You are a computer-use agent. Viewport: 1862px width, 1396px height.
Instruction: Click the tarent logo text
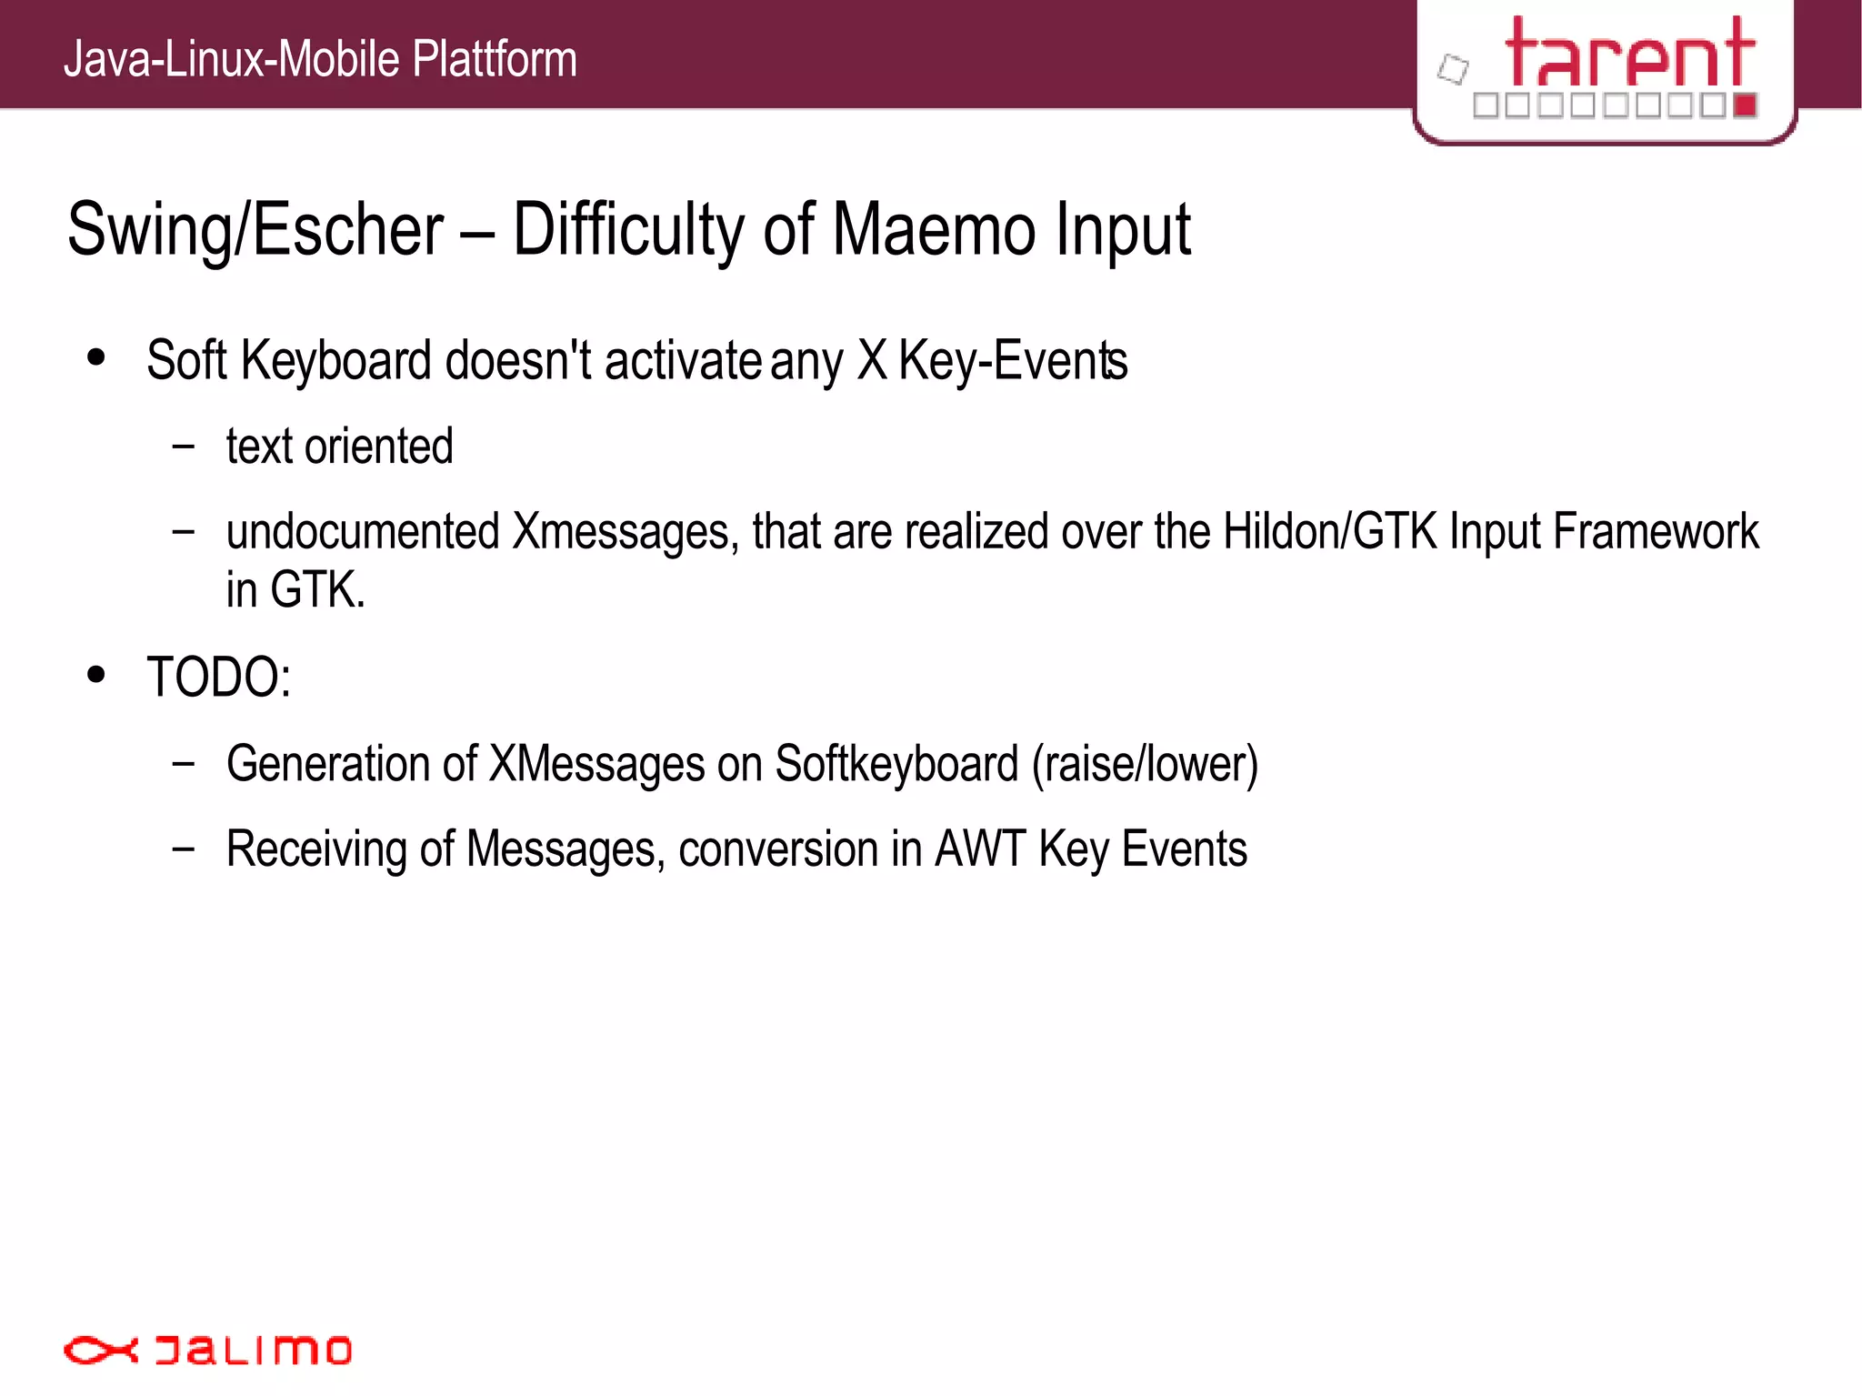click(1629, 55)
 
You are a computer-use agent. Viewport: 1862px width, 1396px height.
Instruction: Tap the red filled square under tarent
click(1745, 105)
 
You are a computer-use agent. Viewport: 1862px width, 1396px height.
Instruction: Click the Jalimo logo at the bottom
click(207, 1350)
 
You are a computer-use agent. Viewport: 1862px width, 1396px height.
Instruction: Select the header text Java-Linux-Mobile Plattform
click(320, 59)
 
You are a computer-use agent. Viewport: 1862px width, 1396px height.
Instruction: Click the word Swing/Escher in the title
click(255, 231)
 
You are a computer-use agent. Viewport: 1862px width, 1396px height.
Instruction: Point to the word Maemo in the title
click(933, 231)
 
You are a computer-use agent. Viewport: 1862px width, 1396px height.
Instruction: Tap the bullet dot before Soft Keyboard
click(96, 357)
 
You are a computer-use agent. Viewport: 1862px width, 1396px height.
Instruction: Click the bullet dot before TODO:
click(96, 675)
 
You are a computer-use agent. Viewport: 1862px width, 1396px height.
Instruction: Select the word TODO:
click(219, 678)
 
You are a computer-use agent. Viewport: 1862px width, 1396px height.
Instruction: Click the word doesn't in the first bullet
click(518, 361)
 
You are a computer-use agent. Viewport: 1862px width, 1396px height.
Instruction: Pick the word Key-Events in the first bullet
click(1013, 361)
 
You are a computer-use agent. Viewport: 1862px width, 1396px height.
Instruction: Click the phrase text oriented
click(339, 447)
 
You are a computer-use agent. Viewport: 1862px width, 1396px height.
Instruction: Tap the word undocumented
click(363, 532)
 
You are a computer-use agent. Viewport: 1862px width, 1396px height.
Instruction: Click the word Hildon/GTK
click(1330, 532)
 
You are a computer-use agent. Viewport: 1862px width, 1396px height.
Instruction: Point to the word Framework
click(1656, 532)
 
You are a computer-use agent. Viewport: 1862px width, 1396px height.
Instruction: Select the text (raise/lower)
click(1145, 764)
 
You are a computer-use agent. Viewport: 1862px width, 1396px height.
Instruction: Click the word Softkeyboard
click(896, 764)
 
